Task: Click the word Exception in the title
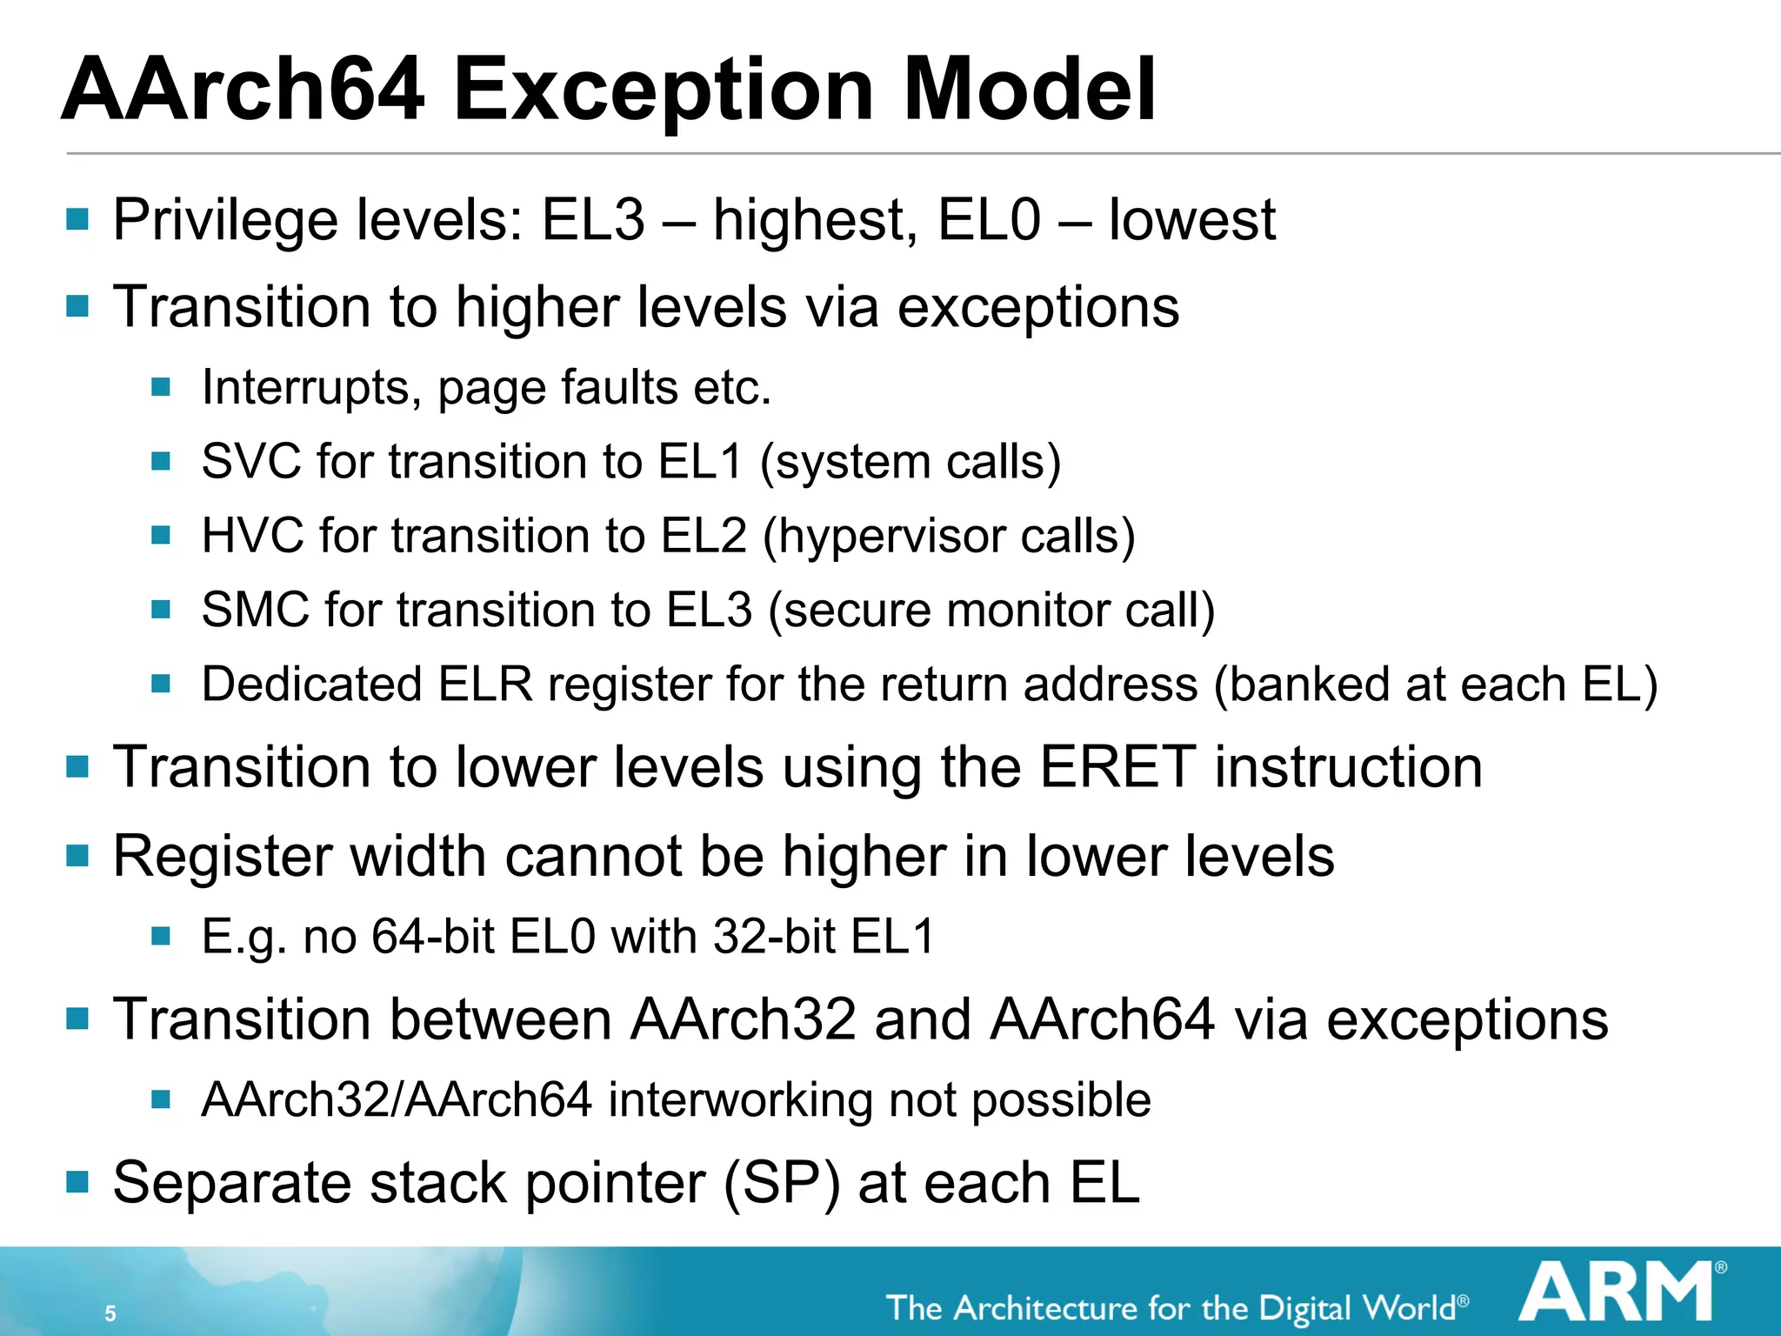tap(663, 90)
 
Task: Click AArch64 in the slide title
tap(243, 90)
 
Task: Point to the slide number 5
tap(110, 1313)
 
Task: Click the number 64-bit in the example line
tap(432, 937)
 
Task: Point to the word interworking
tap(740, 1099)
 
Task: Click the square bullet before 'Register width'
tap(77, 856)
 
